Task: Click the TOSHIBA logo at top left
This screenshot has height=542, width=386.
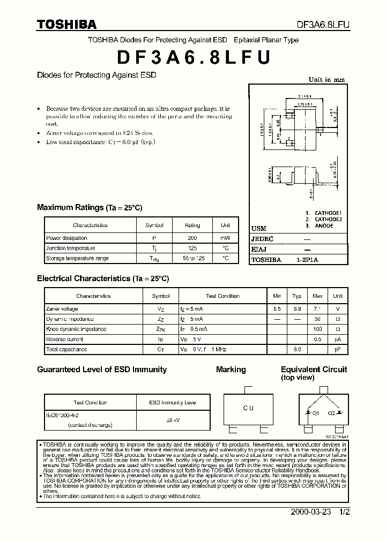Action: coord(66,25)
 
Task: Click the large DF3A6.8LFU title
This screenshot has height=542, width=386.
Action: coord(192,57)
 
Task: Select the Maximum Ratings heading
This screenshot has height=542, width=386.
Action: coord(70,207)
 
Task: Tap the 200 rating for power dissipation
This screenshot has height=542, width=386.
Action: coord(192,238)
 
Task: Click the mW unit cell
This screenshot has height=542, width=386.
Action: coord(225,238)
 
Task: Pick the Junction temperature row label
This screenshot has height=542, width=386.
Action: coord(70,248)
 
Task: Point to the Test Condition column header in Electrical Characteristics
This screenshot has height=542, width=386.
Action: coord(222,296)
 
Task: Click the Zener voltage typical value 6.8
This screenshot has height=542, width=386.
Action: coord(297,309)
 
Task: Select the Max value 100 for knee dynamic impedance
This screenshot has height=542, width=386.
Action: coord(317,329)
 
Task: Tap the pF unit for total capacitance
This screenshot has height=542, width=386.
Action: coord(338,349)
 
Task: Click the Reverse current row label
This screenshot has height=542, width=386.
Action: coord(64,339)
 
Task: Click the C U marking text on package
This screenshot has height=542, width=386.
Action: coord(248,408)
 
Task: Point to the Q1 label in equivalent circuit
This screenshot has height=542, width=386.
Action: coord(316,413)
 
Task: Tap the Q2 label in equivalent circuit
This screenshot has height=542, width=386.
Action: coord(331,413)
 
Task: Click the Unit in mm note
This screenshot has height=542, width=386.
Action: coord(326,80)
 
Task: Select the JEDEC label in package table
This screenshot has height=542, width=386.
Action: coord(262,239)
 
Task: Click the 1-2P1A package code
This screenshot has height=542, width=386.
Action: coord(307,260)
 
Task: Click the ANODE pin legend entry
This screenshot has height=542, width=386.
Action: coord(324,226)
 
